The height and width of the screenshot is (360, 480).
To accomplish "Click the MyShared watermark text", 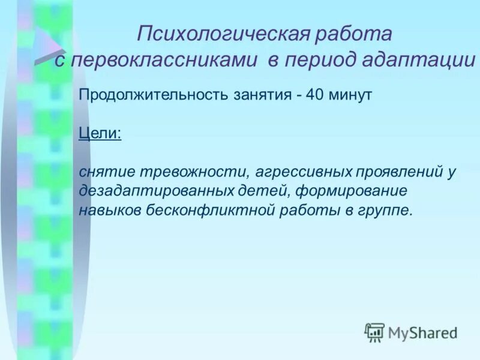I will [422, 332].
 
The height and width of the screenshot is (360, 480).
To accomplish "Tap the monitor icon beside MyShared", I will [374, 331].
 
